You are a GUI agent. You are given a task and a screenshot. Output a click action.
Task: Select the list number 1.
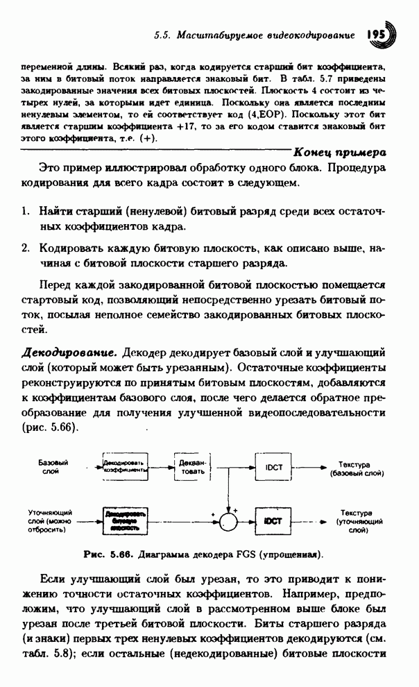click(24, 210)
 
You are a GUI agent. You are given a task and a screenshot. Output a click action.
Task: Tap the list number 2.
click(24, 248)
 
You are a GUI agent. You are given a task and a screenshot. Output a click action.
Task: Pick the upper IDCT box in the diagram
click(273, 467)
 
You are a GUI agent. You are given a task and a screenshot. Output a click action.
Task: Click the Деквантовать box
click(192, 467)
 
